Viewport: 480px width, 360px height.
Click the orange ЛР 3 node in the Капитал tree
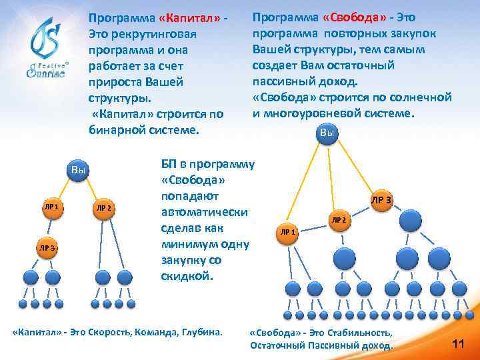pos(47,248)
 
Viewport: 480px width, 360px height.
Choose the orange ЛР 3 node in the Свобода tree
pos(382,201)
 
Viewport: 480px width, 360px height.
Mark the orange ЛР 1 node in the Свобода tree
pos(288,232)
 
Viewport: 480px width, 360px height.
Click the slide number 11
pos(458,343)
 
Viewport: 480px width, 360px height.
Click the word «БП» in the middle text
pos(169,164)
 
